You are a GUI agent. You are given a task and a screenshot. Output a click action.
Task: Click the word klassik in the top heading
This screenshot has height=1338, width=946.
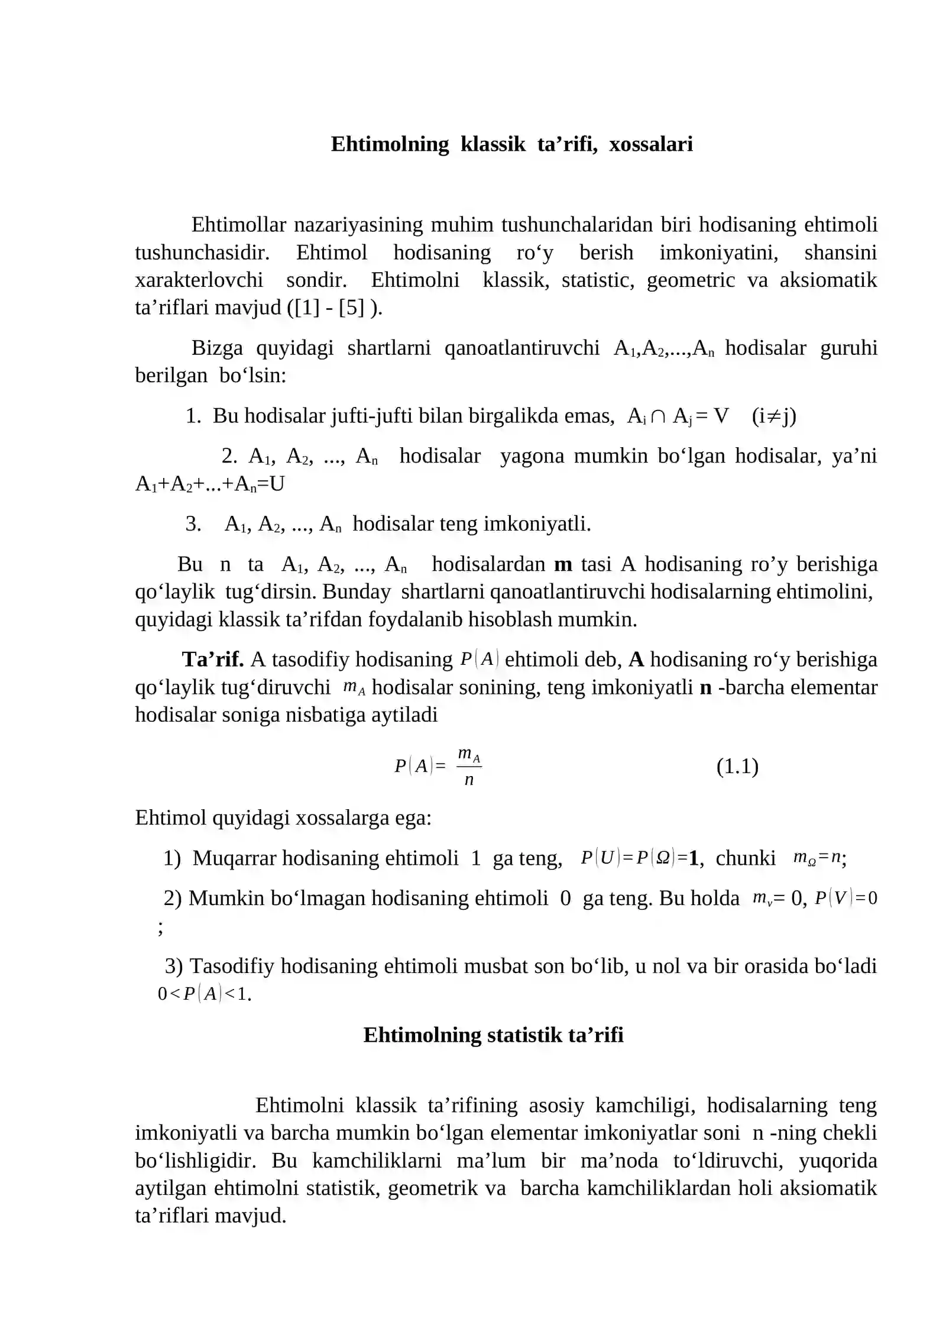[x=493, y=144]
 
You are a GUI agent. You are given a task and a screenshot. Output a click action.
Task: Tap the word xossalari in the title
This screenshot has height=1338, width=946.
[x=650, y=144]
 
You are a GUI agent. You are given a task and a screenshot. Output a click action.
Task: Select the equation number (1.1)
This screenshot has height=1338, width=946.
[x=737, y=767]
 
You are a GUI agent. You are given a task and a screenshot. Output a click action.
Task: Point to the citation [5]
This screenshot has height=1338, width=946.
[x=352, y=308]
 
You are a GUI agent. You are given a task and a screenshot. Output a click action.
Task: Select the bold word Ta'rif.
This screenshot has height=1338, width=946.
[x=213, y=660]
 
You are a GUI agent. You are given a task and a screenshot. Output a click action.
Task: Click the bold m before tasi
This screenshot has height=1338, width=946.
[x=563, y=564]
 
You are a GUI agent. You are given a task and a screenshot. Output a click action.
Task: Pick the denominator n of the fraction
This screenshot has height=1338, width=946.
[x=469, y=780]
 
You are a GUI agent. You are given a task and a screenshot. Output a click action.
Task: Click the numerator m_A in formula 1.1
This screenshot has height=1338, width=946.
[x=469, y=755]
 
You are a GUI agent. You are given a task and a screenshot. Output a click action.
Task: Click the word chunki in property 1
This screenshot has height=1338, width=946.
[x=745, y=858]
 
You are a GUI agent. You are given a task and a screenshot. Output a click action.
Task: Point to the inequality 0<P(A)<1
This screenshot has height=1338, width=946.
[x=204, y=994]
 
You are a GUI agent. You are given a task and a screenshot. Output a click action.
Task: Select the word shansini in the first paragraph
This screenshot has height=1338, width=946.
[x=840, y=253]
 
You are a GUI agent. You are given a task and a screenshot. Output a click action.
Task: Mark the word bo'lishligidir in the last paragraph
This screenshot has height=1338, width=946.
[x=195, y=1161]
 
